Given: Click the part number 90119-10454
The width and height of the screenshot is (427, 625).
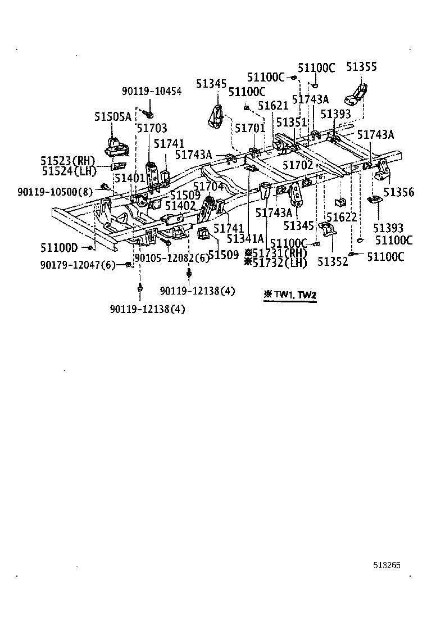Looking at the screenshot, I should click(152, 91).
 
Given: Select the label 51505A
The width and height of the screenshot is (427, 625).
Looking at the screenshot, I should click(112, 117).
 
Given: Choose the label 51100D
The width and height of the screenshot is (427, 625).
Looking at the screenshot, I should click(59, 247).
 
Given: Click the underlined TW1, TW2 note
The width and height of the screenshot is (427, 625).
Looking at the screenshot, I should click(290, 295).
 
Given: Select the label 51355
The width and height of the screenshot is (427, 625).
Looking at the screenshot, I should click(362, 67).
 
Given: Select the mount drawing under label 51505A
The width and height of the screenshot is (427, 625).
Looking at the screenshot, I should click(116, 147).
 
